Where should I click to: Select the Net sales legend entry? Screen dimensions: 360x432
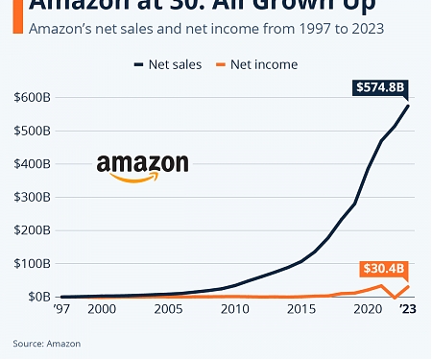tap(167, 64)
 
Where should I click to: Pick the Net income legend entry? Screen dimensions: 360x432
tap(262, 64)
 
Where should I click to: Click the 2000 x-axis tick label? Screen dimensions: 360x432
tap(102, 311)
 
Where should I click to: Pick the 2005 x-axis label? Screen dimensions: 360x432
tap(169, 311)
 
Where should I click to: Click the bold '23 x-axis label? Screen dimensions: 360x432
tap(409, 311)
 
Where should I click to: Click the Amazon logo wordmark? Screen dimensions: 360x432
tap(142, 166)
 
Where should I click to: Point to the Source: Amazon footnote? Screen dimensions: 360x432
tap(46, 343)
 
